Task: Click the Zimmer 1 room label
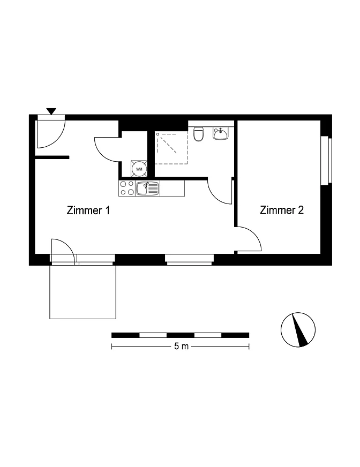pos(88,210)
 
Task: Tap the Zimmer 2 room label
pos(282,210)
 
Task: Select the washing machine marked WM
pos(139,169)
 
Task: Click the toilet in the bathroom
pos(198,134)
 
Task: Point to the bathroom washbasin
pos(221,133)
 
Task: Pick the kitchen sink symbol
pos(147,189)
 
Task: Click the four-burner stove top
pos(127,188)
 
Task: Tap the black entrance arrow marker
pos(51,111)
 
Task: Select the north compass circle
pos(298,330)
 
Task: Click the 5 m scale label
pos(181,347)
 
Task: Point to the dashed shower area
pos(171,148)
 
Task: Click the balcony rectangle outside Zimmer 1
pos(82,292)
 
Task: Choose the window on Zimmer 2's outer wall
pos(326,160)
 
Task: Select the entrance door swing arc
pos(57,140)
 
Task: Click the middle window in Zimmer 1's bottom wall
pos(190,259)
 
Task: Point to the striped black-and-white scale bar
pos(181,335)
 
